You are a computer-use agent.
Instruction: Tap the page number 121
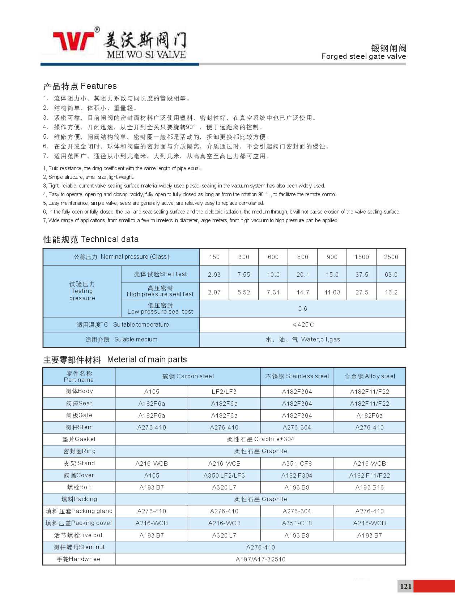click(406, 586)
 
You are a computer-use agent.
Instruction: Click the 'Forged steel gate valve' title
click(363, 56)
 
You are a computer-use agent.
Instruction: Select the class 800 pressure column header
click(303, 257)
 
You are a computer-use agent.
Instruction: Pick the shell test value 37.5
click(362, 275)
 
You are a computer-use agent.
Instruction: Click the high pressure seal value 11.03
click(332, 292)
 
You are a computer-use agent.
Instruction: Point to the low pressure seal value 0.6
click(303, 309)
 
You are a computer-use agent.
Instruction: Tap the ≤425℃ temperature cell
click(303, 324)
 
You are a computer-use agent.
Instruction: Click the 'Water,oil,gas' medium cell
click(303, 340)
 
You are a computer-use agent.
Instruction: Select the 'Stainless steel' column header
click(297, 376)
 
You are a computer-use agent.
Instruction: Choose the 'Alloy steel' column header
click(370, 376)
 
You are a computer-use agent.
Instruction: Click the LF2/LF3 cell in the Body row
click(224, 392)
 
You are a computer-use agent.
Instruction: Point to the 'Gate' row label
click(79, 415)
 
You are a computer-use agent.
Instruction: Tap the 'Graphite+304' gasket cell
click(260, 439)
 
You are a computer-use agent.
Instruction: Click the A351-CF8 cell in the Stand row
click(297, 463)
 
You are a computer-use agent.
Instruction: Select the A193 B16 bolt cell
click(370, 487)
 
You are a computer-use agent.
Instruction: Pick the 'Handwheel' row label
click(79, 559)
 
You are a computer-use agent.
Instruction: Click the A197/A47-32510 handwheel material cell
click(260, 559)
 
